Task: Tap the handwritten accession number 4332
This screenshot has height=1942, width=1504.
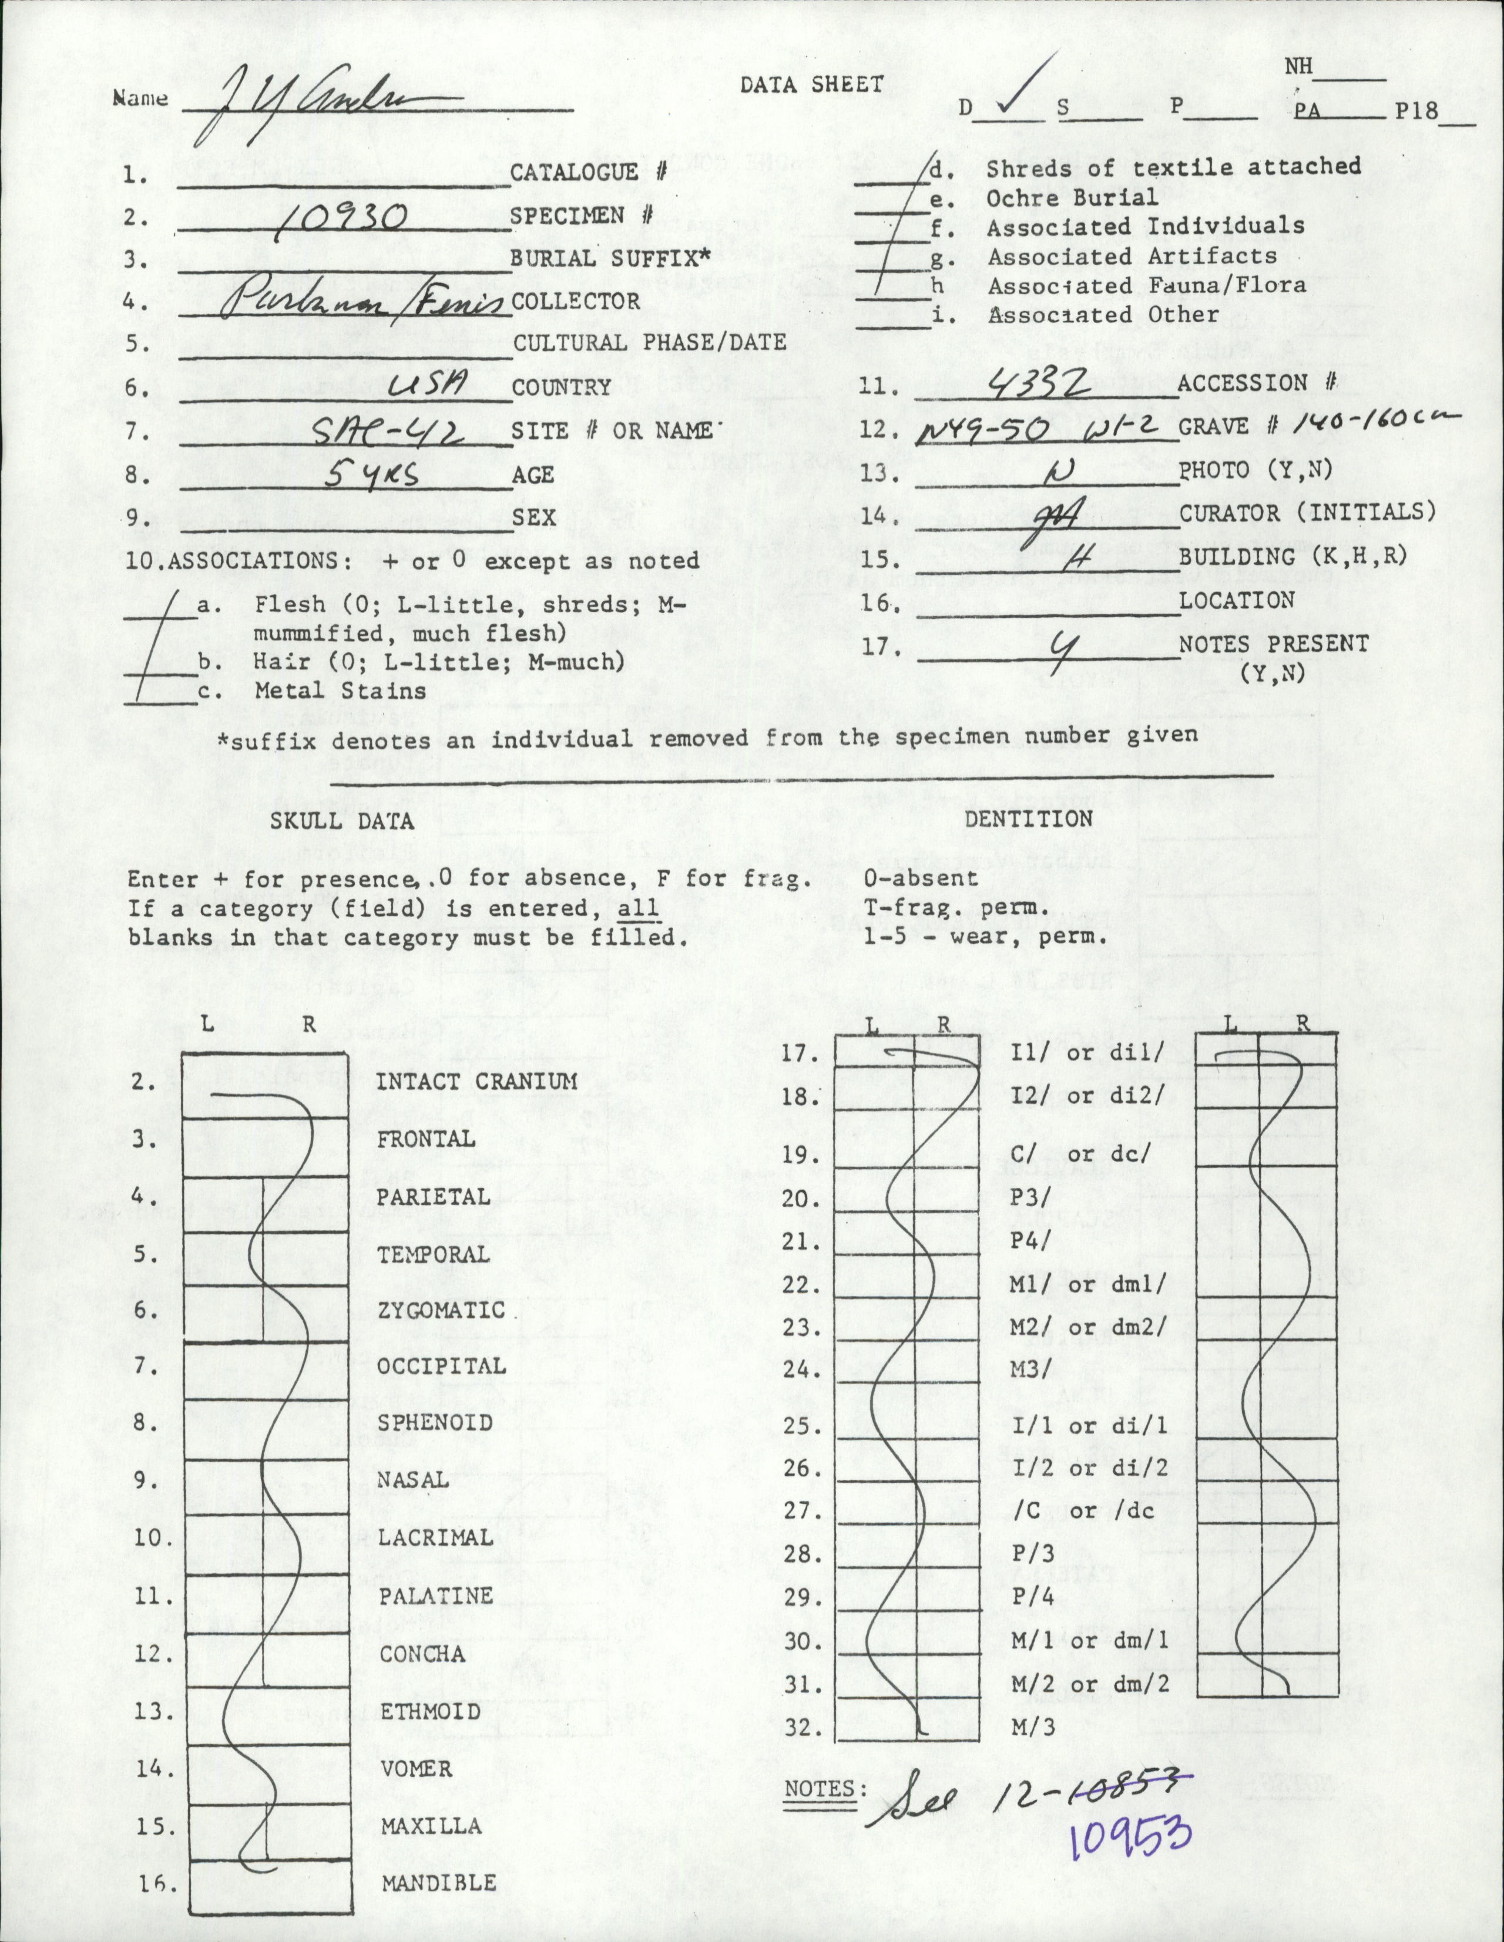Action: pyautogui.click(x=1037, y=385)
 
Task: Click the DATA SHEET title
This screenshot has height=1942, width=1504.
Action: pyautogui.click(x=811, y=85)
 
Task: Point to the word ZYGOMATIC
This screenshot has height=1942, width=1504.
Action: pyautogui.click(x=441, y=1311)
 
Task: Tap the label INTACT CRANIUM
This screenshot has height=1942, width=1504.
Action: pyautogui.click(x=476, y=1081)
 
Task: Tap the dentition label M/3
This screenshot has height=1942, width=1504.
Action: pyautogui.click(x=1033, y=1728)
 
